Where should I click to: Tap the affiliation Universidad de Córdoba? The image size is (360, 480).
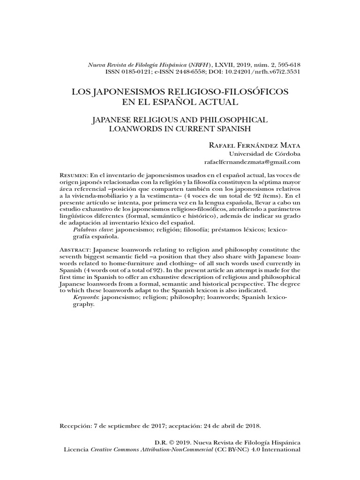tap(264, 154)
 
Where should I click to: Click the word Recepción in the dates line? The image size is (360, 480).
tap(76, 426)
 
